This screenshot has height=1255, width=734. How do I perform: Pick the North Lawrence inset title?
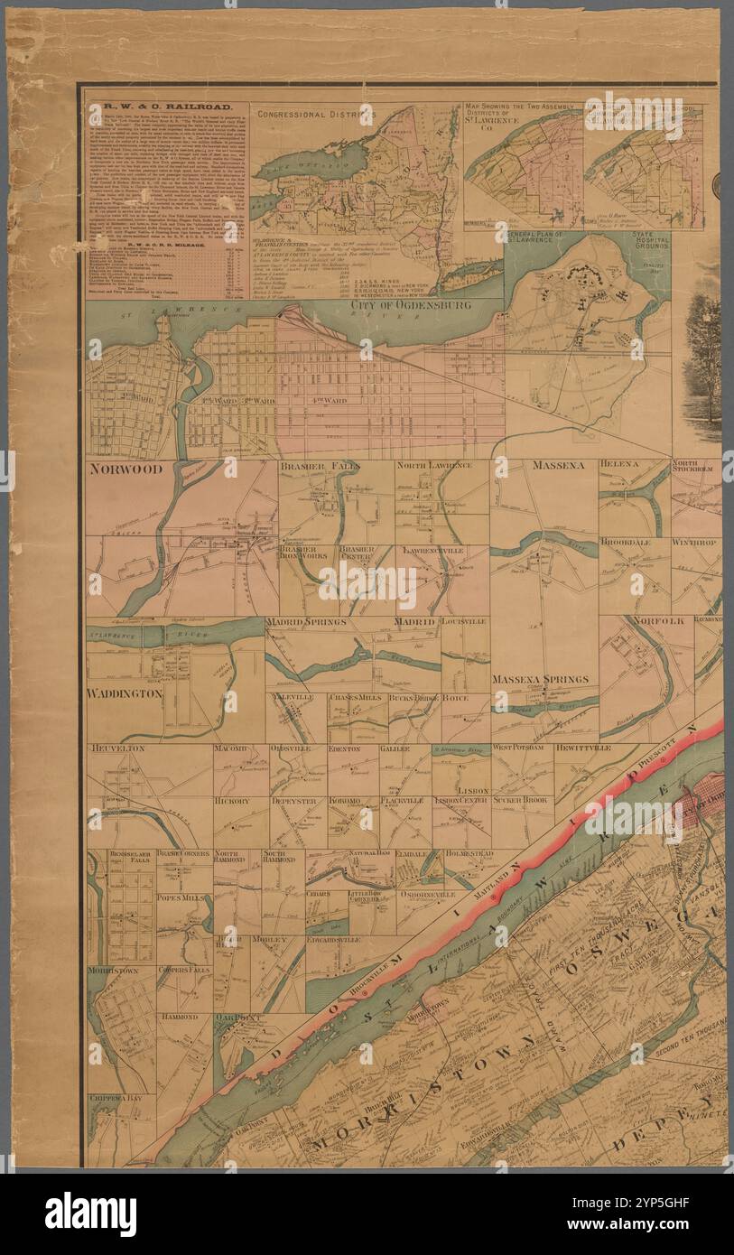pyautogui.click(x=433, y=465)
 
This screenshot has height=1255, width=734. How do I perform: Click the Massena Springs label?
pyautogui.click(x=540, y=679)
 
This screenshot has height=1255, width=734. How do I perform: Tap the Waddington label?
pyautogui.click(x=125, y=693)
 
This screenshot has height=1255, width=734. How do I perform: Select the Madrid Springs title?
pyautogui.click(x=306, y=622)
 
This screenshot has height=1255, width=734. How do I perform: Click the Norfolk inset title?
pyautogui.click(x=659, y=621)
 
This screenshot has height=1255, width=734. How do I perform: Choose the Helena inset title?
pyautogui.click(x=619, y=464)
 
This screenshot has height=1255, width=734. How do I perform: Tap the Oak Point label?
pyautogui.click(x=237, y=1018)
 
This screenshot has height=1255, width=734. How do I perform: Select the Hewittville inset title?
pyautogui.click(x=583, y=748)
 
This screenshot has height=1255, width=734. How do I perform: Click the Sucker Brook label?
pyautogui.click(x=522, y=800)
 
